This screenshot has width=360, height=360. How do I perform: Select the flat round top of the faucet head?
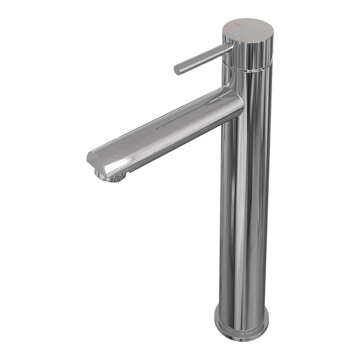tap(247, 29)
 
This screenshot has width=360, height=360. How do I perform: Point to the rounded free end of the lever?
tap(177, 70)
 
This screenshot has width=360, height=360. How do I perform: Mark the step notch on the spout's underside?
tap(129, 169)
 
